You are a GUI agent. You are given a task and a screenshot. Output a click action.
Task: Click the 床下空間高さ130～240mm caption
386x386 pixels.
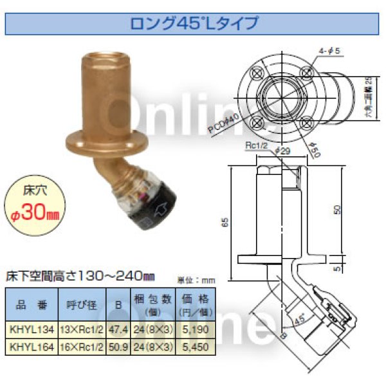80,276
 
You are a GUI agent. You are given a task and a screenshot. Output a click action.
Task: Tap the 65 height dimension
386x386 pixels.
224,222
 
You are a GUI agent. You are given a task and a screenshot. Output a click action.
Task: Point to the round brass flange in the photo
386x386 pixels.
106,144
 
